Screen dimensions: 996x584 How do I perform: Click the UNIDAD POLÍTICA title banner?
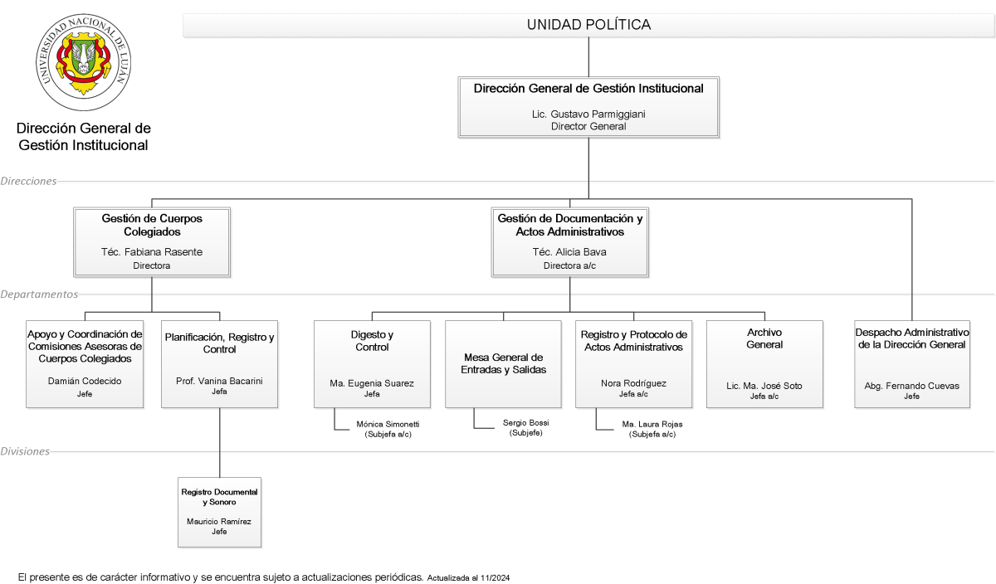[588, 25]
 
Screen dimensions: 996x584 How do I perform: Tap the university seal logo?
[84, 61]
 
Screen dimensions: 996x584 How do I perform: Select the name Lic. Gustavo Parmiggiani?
[588, 114]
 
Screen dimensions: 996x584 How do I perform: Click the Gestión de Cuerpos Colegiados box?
[152, 241]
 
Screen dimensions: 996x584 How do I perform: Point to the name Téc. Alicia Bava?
[569, 252]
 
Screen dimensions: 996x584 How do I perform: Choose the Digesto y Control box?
[372, 364]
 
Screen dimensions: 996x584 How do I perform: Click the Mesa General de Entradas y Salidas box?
[503, 364]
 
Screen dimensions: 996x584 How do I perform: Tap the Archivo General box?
[764, 364]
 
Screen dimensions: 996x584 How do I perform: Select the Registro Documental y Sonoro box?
[219, 512]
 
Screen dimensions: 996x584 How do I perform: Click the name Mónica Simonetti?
[388, 425]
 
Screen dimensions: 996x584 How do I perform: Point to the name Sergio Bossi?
[526, 423]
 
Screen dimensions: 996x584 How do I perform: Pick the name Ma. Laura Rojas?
[652, 425]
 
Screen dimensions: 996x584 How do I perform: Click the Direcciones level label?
[28, 181]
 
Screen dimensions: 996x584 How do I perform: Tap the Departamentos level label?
[39, 294]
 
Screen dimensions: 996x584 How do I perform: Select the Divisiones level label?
[25, 451]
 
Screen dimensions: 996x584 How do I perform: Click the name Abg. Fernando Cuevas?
[911, 386]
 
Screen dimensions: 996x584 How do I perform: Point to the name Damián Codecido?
[85, 381]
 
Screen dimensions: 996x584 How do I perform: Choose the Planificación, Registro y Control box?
[220, 364]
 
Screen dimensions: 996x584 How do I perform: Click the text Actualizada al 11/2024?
[468, 577]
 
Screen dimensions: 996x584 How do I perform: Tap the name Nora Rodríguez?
[633, 383]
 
